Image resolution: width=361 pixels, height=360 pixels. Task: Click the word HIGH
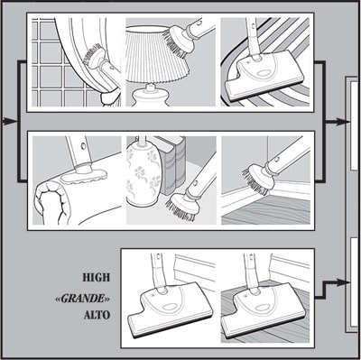pos(97,277)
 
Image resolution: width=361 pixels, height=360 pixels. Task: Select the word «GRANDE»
pos(82,299)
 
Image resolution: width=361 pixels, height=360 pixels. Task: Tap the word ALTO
pos(97,315)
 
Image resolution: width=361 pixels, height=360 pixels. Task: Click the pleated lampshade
pos(156,53)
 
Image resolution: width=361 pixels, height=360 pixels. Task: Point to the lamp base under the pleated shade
pos(150,96)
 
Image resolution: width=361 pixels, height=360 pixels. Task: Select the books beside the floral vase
pos(171,165)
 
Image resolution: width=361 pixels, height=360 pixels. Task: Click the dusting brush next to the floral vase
pos(181,206)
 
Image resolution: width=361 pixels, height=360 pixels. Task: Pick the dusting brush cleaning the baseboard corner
pos(258,177)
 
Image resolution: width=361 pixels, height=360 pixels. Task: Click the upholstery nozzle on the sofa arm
pos(84,176)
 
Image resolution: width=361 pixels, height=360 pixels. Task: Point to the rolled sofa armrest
pos(51,201)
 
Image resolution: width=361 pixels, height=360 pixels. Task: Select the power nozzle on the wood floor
pos(261,313)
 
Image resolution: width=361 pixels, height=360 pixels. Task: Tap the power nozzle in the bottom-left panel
pos(169,313)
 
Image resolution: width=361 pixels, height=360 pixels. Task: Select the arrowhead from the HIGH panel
pos(343,282)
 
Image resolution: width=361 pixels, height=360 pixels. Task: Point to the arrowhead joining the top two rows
pos(343,122)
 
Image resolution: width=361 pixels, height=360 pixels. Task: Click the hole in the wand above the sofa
pos(83,146)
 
